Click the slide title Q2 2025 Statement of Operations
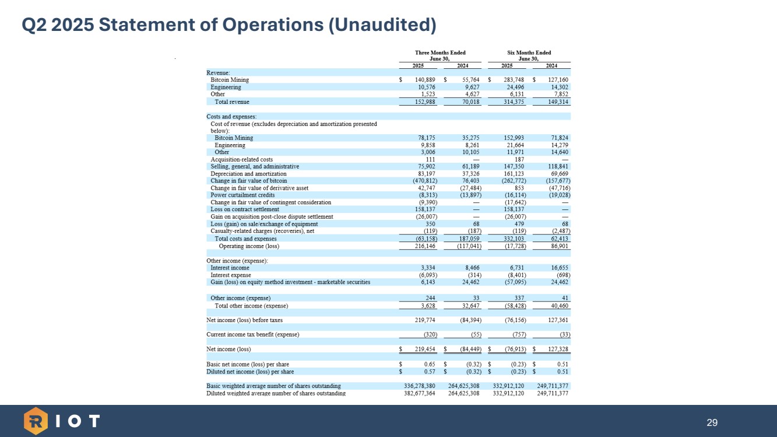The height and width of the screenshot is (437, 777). [x=228, y=25]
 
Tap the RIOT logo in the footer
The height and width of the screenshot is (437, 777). [x=62, y=421]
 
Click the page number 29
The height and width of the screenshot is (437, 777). [x=712, y=422]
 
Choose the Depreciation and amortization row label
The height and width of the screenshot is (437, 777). [x=248, y=174]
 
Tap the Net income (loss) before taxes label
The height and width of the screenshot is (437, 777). [x=245, y=320]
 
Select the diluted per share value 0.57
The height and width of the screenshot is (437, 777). [x=429, y=371]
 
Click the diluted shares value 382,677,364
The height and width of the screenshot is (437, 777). [x=420, y=393]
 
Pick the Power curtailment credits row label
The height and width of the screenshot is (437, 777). [x=242, y=195]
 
